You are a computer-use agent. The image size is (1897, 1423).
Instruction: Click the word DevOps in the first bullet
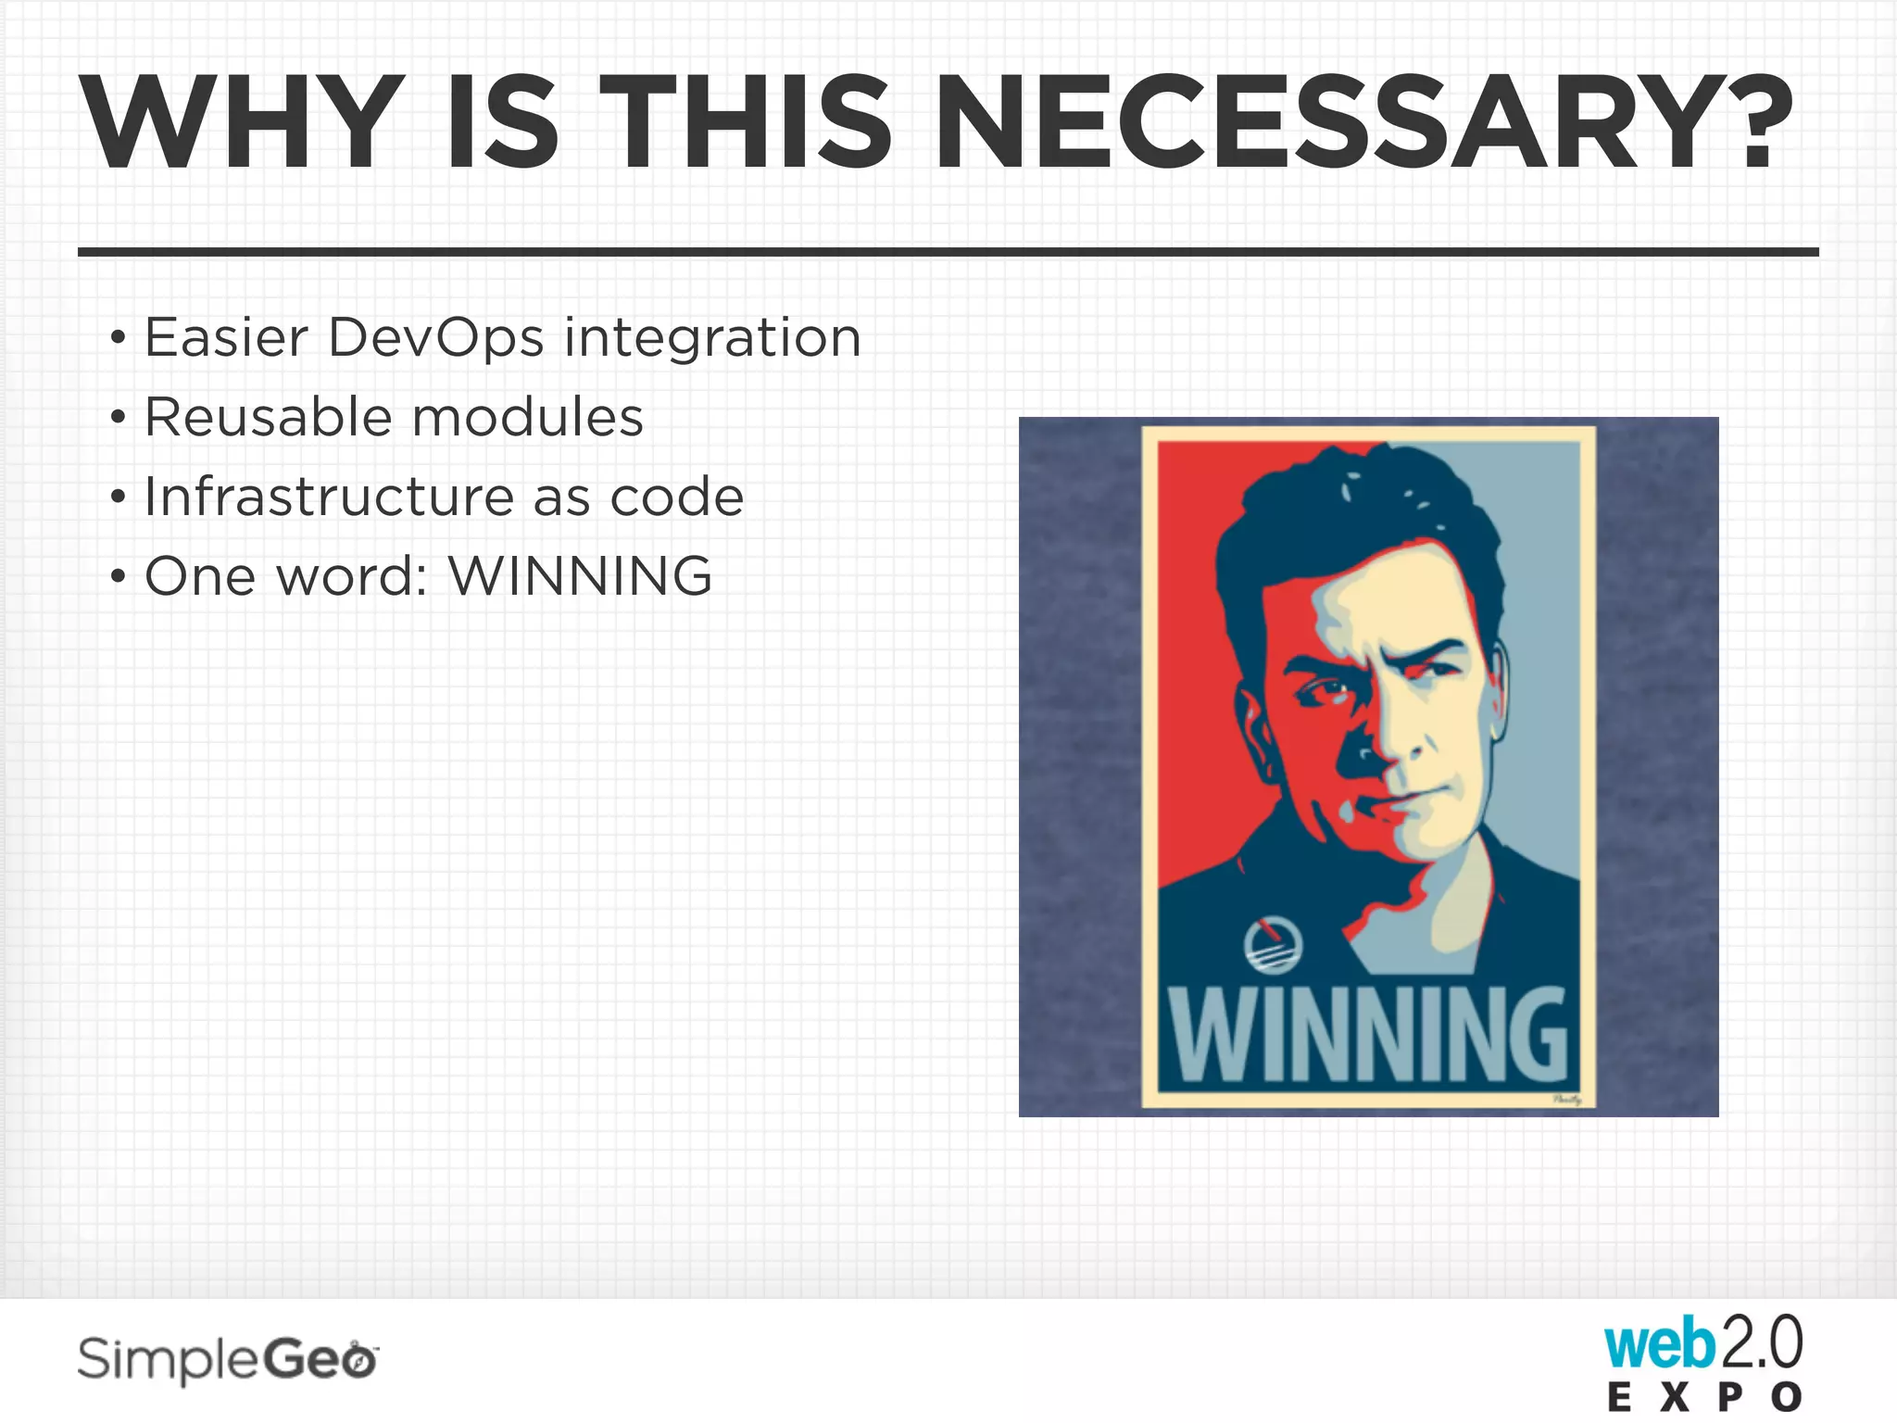pyautogui.click(x=435, y=337)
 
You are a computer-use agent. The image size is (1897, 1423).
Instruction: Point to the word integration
pyautogui.click(x=712, y=337)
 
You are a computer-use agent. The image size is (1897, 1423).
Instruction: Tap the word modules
pyautogui.click(x=527, y=417)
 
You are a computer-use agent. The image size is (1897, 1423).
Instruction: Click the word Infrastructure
pyautogui.click(x=329, y=497)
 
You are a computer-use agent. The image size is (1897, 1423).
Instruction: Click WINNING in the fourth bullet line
pyautogui.click(x=581, y=576)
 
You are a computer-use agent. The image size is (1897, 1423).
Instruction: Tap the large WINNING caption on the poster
pyautogui.click(x=1367, y=1034)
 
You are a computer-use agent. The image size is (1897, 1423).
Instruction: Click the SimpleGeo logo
pyautogui.click(x=228, y=1360)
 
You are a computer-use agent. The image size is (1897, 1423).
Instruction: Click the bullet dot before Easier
pyautogui.click(x=117, y=338)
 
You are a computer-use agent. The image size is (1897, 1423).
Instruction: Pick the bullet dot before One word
pyautogui.click(x=117, y=577)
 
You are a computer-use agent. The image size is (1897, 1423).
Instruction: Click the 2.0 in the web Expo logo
pyautogui.click(x=1760, y=1343)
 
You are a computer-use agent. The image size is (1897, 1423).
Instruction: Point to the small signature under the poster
pyautogui.click(x=1567, y=1101)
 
